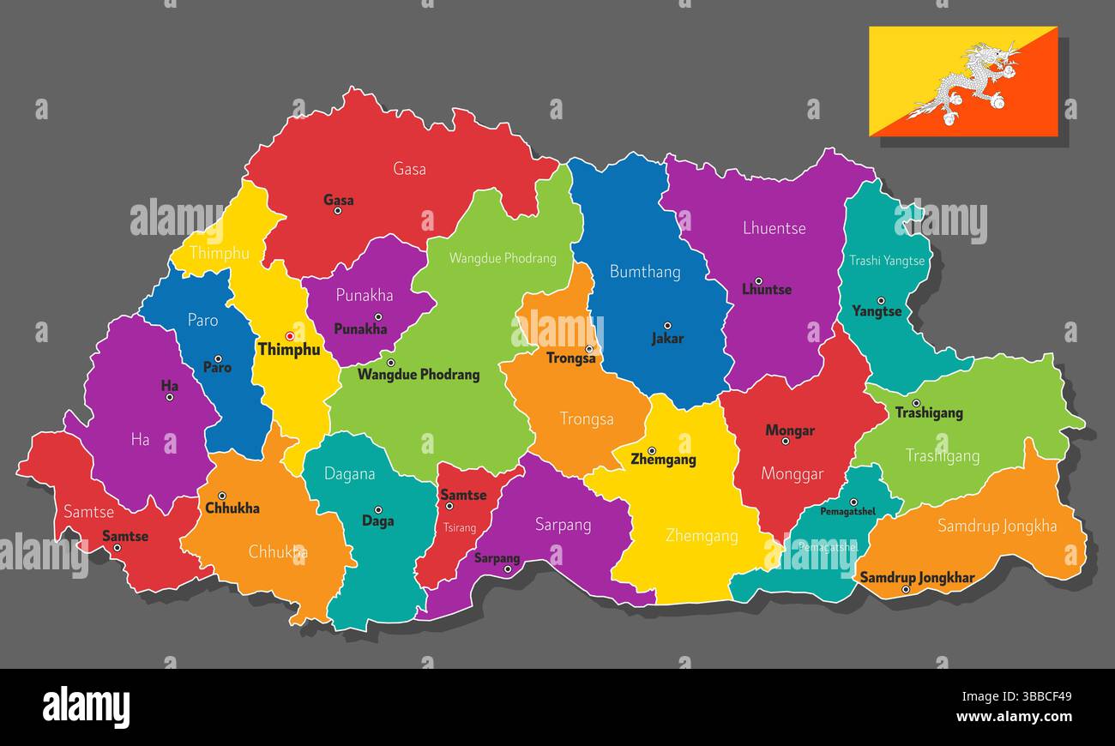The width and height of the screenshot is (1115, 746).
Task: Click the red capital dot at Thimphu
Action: [x=290, y=336]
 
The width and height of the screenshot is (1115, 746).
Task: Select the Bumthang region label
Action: [x=645, y=272]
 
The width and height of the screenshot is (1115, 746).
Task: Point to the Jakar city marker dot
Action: [x=667, y=326]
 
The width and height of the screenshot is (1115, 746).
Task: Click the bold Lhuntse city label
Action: [x=766, y=290]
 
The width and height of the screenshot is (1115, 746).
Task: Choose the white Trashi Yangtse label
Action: [x=887, y=261]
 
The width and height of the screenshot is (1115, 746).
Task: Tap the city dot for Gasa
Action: [x=338, y=211]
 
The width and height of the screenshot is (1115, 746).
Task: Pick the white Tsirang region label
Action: [x=460, y=527]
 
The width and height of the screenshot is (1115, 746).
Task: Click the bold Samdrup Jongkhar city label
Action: [x=917, y=577]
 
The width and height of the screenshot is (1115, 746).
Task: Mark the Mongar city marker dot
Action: [x=785, y=442]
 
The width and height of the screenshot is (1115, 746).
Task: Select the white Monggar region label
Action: [x=792, y=473]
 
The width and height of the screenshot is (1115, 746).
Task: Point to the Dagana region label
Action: [x=349, y=473]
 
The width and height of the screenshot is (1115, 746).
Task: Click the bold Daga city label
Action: [x=377, y=520]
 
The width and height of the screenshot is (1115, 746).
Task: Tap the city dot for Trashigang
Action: [x=916, y=403]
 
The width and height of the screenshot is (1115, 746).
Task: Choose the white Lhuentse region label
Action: [x=774, y=228]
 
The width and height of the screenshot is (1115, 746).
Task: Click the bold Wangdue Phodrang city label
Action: [x=419, y=375]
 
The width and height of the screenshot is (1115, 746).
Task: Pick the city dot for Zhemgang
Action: [x=652, y=450]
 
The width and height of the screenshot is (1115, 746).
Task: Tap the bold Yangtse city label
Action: [x=877, y=311]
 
